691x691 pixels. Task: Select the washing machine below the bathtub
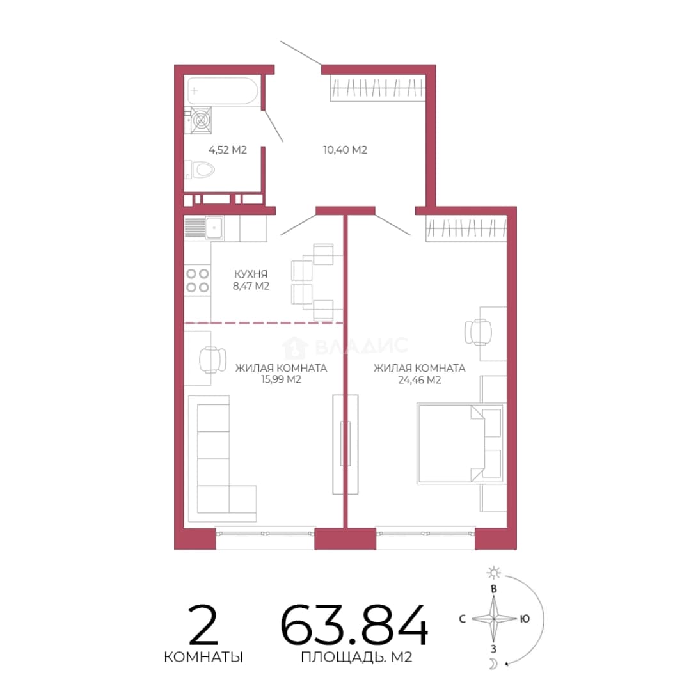pyautogui.click(x=200, y=120)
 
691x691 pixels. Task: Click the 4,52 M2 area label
pyautogui.click(x=227, y=150)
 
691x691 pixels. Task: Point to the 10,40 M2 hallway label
pyautogui.click(x=345, y=150)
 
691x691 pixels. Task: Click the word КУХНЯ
pyautogui.click(x=251, y=274)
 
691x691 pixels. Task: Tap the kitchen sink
pyautogui.click(x=214, y=227)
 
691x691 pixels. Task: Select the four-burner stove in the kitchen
pyautogui.click(x=197, y=281)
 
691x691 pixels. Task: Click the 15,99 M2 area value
pyautogui.click(x=281, y=379)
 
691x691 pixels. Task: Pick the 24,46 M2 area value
pyautogui.click(x=420, y=380)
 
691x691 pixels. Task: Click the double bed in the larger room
pyautogui.click(x=460, y=443)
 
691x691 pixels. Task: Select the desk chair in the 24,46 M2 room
pyautogui.click(x=478, y=332)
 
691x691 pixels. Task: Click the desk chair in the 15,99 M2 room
pyautogui.click(x=212, y=360)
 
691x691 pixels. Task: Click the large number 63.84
pyautogui.click(x=354, y=625)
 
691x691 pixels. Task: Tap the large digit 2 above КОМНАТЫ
pyautogui.click(x=203, y=624)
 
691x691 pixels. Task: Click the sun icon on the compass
pyautogui.click(x=493, y=573)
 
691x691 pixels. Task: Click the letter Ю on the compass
pyautogui.click(x=525, y=619)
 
